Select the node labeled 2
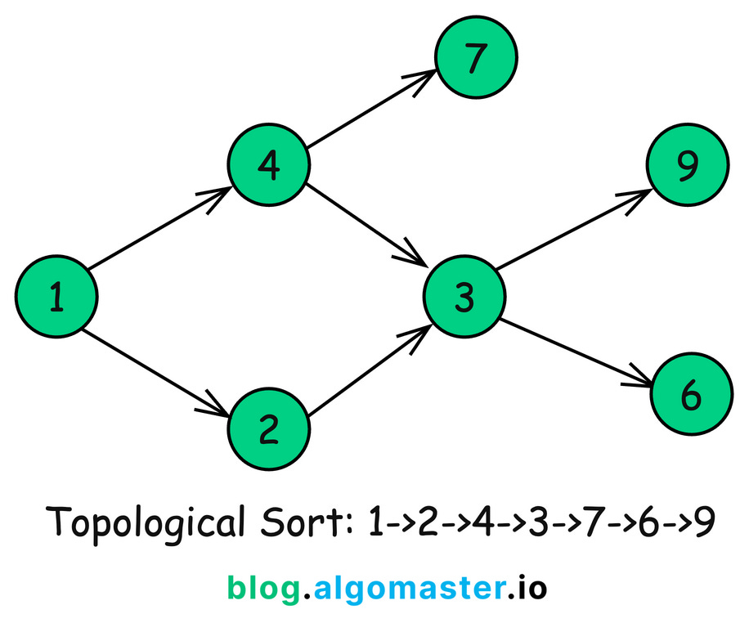268,428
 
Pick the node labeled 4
268,167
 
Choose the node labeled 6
690,396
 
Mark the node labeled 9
688,166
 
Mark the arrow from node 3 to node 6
576,352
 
